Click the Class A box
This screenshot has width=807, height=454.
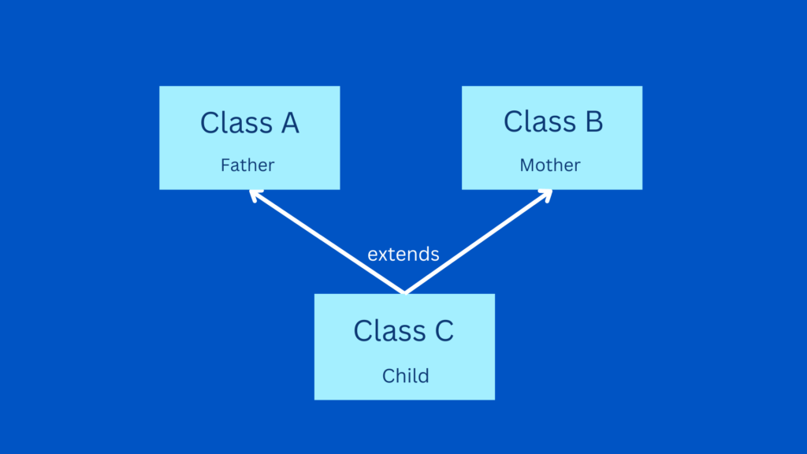pyautogui.click(x=250, y=138)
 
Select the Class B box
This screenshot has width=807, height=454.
pyautogui.click(x=552, y=138)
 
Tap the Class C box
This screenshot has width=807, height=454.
pyautogui.click(x=404, y=347)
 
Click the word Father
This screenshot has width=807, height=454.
pyautogui.click(x=247, y=166)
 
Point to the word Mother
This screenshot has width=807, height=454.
pyautogui.click(x=549, y=166)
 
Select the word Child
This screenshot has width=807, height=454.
pyautogui.click(x=406, y=376)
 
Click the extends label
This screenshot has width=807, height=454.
pyautogui.click(x=403, y=254)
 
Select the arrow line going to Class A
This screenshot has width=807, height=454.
pyautogui.click(x=327, y=241)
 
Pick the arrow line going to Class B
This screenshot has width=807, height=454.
pyautogui.click(x=478, y=241)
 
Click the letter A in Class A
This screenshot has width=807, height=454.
pyautogui.click(x=290, y=124)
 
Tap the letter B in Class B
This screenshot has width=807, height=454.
pyautogui.click(x=594, y=122)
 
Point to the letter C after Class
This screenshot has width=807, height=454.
pyautogui.click(x=444, y=331)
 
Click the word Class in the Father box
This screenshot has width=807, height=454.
pyautogui.click(x=236, y=123)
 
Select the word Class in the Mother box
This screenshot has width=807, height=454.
pyautogui.click(x=540, y=121)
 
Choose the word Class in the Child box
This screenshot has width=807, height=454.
pyautogui.click(x=389, y=330)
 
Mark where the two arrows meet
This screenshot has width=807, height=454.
pyautogui.click(x=405, y=293)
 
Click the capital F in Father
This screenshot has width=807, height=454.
pyautogui.click(x=225, y=166)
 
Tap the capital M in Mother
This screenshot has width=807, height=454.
pyautogui.click(x=527, y=166)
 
